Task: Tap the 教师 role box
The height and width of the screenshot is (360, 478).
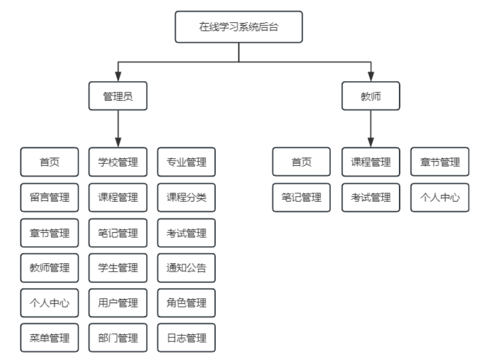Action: tap(371, 96)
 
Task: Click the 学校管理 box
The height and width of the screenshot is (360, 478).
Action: tap(118, 162)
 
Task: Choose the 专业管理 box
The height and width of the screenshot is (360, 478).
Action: tap(187, 162)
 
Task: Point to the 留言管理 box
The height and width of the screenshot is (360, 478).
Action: tap(49, 197)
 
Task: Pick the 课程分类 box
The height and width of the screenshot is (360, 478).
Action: tap(187, 197)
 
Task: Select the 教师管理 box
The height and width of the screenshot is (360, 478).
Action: tap(49, 268)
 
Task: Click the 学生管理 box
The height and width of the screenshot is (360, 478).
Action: tap(118, 268)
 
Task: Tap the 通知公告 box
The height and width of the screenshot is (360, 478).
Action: tap(187, 268)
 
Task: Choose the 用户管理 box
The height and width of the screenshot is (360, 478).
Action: tap(118, 303)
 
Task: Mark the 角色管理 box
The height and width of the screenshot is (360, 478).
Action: tap(187, 303)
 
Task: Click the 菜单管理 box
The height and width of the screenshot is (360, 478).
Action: tap(49, 338)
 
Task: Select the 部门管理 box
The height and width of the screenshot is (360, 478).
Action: tap(118, 338)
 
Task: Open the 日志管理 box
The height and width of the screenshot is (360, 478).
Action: tap(187, 338)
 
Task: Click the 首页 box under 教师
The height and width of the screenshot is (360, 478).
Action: tap(302, 162)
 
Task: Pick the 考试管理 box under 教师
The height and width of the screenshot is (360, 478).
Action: tap(370, 197)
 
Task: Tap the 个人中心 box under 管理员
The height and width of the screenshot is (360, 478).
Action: tap(49, 303)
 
